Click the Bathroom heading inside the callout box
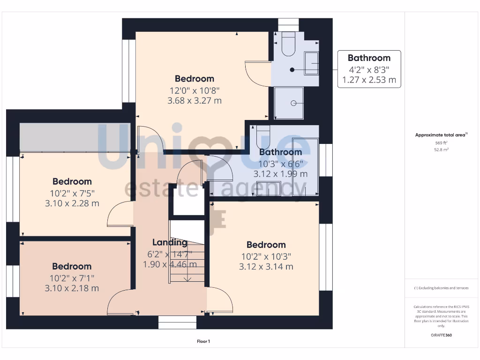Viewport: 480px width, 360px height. coord(369,58)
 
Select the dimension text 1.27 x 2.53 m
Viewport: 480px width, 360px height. coord(369,80)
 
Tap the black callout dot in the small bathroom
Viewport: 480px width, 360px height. coord(292,70)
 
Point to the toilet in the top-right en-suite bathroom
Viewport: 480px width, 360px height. coord(288,45)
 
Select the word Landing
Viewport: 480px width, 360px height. coord(170,242)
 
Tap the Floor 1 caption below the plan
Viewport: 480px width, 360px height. coord(203,342)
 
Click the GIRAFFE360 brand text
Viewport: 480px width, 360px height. coord(441,335)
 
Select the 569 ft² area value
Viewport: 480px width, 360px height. coord(441,142)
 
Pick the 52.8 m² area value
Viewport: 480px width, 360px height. coord(441,150)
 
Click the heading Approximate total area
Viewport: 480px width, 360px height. coord(440,135)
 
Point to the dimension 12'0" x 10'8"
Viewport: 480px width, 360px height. coord(195,90)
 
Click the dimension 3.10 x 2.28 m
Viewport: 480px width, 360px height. coord(72,203)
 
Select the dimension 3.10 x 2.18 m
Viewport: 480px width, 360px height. coord(72,288)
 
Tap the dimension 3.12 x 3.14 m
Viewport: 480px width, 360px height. coord(266,267)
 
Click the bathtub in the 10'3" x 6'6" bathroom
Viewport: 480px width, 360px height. coord(305,166)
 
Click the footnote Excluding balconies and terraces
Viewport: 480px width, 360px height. coord(441,288)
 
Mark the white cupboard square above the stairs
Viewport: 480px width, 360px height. coord(187,202)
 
